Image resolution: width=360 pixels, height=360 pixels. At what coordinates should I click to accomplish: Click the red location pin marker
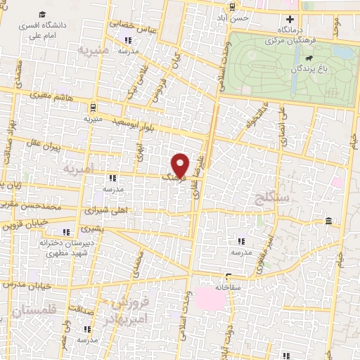pyautogui.click(x=181, y=165)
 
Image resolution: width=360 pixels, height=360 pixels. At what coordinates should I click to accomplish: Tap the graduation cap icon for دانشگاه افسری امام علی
pyautogui.click(x=42, y=15)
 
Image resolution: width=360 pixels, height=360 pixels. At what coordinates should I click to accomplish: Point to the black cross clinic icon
pyautogui.click(x=288, y=20)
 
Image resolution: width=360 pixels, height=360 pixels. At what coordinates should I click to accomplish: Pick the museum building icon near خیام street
pyautogui.click(x=328, y=223)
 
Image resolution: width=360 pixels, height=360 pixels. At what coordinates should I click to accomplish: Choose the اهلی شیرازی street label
pyautogui.click(x=104, y=210)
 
